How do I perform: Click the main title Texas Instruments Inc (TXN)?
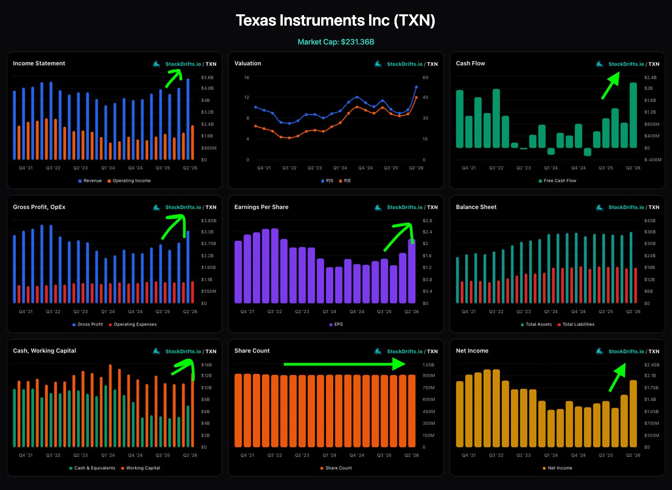pyautogui.click(x=336, y=20)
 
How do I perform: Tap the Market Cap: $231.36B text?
pyautogui.click(x=336, y=42)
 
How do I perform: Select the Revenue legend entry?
pyautogui.click(x=90, y=180)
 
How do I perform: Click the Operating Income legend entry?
pyautogui.click(x=129, y=180)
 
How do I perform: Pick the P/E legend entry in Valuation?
pyautogui.click(x=345, y=180)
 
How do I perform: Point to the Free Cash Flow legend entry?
pyautogui.click(x=558, y=180)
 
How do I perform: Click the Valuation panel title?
pyautogui.click(x=247, y=63)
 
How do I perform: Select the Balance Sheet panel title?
pyautogui.click(x=476, y=207)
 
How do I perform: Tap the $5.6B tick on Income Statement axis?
pyautogui.click(x=207, y=78)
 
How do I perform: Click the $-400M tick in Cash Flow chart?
pyautogui.click(x=653, y=160)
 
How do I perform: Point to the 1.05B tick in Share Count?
pyautogui.click(x=428, y=365)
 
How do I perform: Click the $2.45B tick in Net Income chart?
pyautogui.click(x=652, y=365)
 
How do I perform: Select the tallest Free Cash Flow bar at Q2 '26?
pyautogui.click(x=633, y=115)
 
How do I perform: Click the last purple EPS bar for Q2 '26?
pyautogui.click(x=412, y=271)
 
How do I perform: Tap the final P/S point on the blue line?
pyautogui.click(x=416, y=87)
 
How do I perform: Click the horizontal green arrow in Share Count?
pyautogui.click(x=344, y=364)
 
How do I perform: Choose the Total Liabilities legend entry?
pyautogui.click(x=576, y=324)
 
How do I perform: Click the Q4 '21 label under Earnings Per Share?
pyautogui.click(x=247, y=311)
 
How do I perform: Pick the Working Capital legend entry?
pyautogui.click(x=140, y=468)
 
